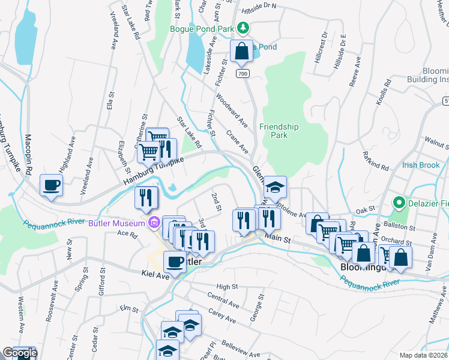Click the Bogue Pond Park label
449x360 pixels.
click(202, 28)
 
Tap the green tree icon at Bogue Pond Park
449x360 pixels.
click(243, 27)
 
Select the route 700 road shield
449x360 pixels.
click(242, 73)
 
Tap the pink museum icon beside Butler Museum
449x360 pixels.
click(154, 223)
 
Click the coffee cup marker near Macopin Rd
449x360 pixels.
click(51, 185)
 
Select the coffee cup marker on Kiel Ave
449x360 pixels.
click(175, 262)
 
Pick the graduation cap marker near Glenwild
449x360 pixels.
click(276, 187)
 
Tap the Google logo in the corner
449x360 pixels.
click(19, 353)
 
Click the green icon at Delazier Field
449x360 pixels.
click(397, 202)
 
